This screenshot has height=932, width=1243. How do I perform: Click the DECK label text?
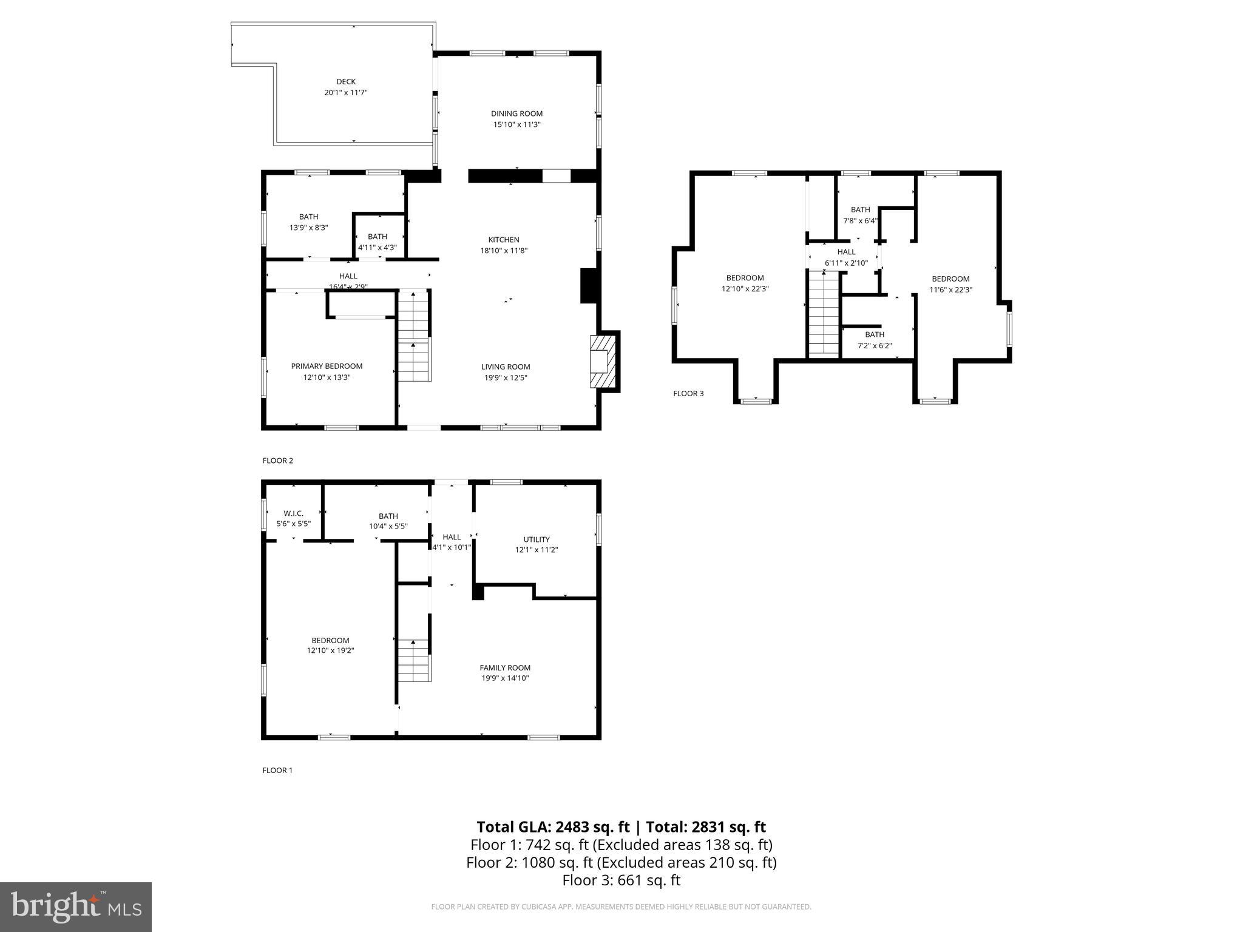[346, 81]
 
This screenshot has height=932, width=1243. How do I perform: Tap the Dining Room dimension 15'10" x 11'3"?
[517, 124]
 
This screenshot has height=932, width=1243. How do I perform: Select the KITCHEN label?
[504, 240]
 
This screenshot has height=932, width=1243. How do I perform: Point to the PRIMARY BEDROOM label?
[327, 366]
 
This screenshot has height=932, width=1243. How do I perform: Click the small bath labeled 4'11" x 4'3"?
[378, 241]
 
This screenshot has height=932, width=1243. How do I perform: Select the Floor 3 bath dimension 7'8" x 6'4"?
[860, 221]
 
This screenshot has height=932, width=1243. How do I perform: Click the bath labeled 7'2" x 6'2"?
[875, 340]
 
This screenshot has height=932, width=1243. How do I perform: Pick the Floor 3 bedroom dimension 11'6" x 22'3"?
[950, 290]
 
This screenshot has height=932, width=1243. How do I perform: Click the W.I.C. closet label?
[293, 513]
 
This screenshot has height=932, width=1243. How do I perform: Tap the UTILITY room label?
[537, 539]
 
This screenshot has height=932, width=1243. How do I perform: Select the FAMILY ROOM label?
[505, 667]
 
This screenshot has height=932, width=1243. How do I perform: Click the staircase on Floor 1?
[415, 661]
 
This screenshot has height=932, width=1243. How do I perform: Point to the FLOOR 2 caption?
[277, 461]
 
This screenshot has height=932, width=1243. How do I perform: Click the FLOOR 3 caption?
[688, 393]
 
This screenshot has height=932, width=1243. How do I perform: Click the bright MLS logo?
[75, 907]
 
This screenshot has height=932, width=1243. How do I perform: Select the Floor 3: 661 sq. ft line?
[621, 880]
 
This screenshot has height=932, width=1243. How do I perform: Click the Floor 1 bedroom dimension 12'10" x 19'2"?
[330, 650]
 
